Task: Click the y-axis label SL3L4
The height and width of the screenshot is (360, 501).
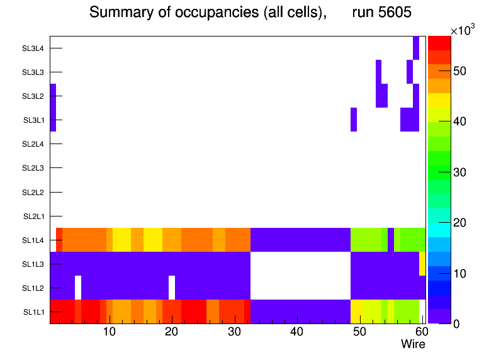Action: (34, 48)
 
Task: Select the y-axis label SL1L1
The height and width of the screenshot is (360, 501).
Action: (34, 312)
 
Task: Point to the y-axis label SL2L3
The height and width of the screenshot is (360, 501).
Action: (34, 168)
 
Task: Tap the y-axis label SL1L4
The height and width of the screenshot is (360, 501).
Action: (34, 240)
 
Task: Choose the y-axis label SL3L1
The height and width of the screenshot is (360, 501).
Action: (34, 120)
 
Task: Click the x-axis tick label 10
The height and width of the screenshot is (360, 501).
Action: (109, 332)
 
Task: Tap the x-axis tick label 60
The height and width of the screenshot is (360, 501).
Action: (421, 332)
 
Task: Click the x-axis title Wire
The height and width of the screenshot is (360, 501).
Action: (413, 344)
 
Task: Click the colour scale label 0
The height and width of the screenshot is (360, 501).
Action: (454, 323)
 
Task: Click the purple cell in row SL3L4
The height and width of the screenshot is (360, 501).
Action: (416, 48)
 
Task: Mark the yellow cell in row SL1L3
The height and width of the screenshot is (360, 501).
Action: (422, 264)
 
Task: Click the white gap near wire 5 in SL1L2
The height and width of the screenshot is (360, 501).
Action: (78, 288)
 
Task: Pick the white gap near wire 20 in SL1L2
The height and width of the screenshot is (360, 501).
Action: (172, 288)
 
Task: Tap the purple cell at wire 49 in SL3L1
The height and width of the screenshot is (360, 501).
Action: (354, 120)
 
